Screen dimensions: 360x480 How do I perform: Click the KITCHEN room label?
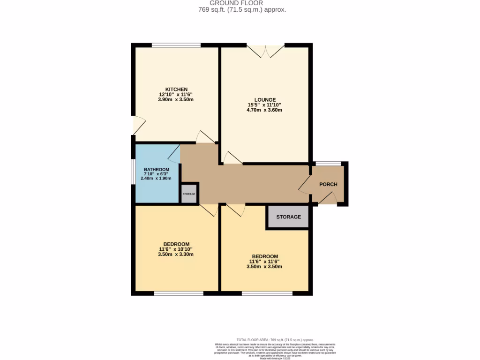click(x=176, y=89)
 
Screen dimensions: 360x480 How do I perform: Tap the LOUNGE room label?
click(x=265, y=99)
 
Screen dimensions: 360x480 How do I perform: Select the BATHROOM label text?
click(x=157, y=170)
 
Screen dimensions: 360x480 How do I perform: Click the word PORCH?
click(x=328, y=184)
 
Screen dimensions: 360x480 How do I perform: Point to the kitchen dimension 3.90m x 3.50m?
click(x=176, y=99)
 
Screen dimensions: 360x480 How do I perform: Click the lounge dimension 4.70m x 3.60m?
click(x=265, y=110)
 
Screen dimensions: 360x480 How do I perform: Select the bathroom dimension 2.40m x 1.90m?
click(x=157, y=178)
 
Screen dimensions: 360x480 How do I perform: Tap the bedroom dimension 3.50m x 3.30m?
click(x=176, y=254)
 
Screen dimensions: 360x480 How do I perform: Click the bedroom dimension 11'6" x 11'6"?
click(x=265, y=261)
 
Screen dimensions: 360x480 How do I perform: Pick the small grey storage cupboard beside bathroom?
click(x=189, y=194)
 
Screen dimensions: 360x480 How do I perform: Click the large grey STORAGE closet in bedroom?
click(x=288, y=217)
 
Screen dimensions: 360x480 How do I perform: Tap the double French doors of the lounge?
click(x=266, y=51)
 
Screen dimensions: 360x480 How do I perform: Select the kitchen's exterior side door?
click(x=138, y=125)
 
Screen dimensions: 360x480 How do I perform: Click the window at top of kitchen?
click(x=176, y=45)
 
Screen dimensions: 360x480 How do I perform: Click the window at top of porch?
click(x=328, y=164)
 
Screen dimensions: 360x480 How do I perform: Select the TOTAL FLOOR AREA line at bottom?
click(x=275, y=340)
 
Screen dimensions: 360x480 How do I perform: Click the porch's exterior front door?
click(x=328, y=199)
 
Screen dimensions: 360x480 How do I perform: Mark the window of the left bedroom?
click(x=179, y=293)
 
